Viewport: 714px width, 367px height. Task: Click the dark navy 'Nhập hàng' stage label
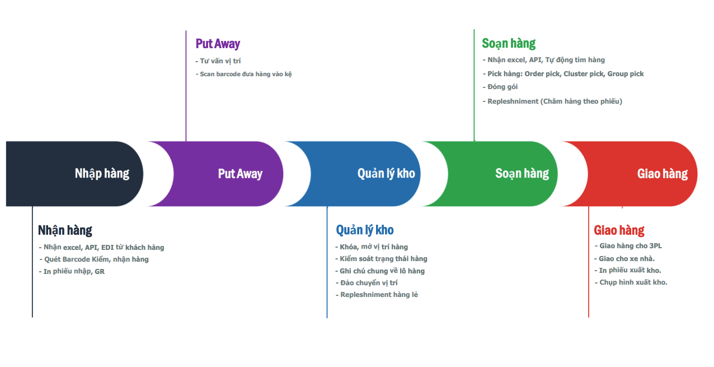(102, 174)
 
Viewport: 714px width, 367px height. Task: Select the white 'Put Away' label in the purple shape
(240, 174)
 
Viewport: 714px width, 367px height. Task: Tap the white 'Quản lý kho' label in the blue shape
(386, 174)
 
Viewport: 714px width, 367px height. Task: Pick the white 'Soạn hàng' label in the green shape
(522, 174)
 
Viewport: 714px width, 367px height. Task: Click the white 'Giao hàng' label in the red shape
(663, 174)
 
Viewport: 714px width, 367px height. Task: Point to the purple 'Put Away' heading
(218, 44)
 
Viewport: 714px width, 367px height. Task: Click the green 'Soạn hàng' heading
(509, 44)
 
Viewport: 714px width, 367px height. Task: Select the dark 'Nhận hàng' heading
(65, 230)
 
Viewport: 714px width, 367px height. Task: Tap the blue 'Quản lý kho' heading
(365, 230)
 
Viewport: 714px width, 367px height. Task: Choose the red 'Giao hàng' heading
(619, 230)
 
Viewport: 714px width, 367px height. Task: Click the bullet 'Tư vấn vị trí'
(218, 61)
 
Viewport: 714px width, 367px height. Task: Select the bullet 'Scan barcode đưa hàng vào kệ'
(243, 74)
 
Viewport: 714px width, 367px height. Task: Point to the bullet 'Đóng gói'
(500, 87)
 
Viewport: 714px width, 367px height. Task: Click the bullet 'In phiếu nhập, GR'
(72, 272)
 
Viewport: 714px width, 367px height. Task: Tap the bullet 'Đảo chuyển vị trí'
(367, 283)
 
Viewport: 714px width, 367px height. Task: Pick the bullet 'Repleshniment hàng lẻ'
(377, 295)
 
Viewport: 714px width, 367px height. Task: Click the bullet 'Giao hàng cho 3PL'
(628, 246)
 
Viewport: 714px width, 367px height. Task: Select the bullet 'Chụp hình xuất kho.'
(631, 282)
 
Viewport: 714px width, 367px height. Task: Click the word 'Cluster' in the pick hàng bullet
(574, 74)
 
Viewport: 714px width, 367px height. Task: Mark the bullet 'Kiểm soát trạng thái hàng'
(381, 259)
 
